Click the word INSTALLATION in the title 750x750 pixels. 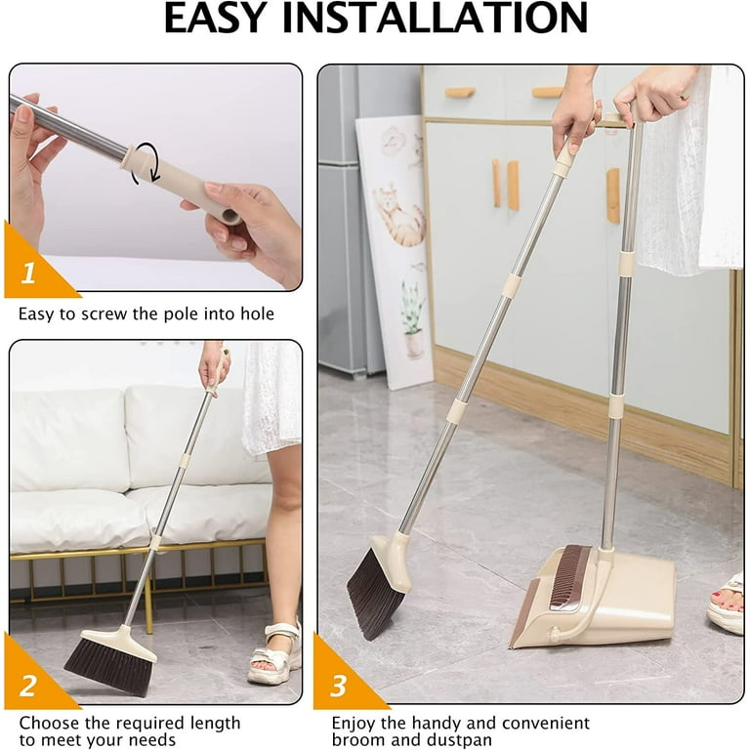[448, 20]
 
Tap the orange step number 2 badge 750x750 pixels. [29, 683]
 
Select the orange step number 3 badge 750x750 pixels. [338, 684]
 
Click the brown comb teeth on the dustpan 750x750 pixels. [570, 576]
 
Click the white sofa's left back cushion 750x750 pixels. [69, 439]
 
